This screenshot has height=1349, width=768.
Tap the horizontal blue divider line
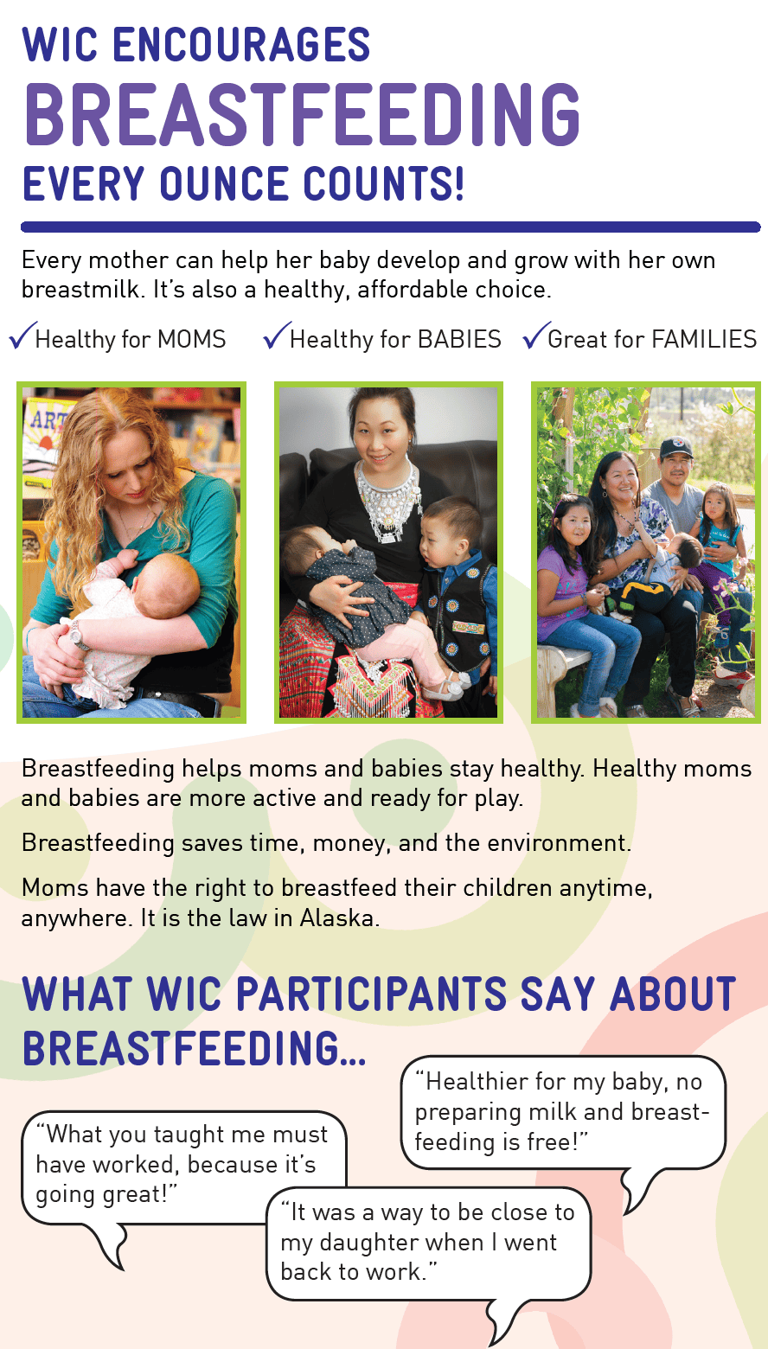point(389,227)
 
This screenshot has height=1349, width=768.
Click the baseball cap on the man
point(675,448)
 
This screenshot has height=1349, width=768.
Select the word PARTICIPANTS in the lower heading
point(371,994)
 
